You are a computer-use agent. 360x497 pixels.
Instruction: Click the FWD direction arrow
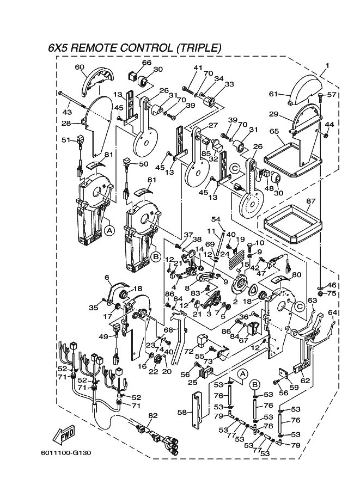click(64, 435)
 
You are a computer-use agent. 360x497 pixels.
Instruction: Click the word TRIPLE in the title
click(198, 48)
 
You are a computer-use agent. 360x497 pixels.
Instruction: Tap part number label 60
click(80, 68)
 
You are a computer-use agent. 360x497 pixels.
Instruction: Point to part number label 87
click(310, 201)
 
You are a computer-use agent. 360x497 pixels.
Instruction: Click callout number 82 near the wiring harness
click(152, 415)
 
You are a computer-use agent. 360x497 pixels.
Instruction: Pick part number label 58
click(182, 413)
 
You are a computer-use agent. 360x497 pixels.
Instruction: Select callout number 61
click(273, 94)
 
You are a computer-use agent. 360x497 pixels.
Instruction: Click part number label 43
click(67, 112)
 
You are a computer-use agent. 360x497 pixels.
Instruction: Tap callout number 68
click(168, 330)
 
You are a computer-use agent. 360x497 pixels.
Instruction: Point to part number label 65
click(273, 131)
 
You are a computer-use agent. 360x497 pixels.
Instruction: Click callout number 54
click(215, 219)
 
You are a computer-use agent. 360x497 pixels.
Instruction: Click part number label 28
click(66, 124)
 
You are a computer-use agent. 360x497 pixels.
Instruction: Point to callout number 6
click(107, 277)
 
